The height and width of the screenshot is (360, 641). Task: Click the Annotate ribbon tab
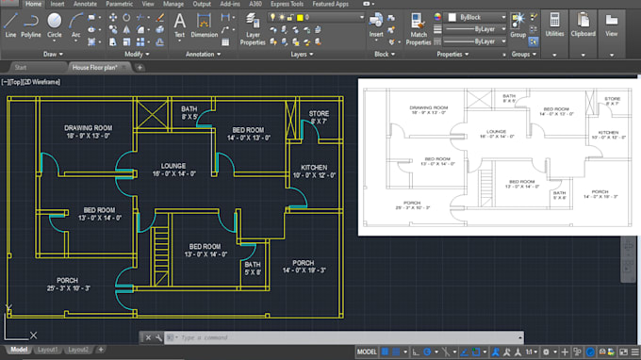[x=85, y=4]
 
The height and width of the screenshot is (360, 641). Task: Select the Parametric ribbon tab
[x=119, y=4]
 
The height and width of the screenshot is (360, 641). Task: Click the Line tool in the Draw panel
[x=10, y=23]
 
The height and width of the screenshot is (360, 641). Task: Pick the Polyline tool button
[x=31, y=23]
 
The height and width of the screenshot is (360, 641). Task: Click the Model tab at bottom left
[x=18, y=350]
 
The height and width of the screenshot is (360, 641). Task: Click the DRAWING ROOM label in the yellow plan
[x=88, y=127]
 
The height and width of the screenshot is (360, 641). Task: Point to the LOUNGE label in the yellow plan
[x=173, y=166]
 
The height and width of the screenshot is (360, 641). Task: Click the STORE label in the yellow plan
[x=319, y=113]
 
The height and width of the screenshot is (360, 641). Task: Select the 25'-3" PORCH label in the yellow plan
[x=67, y=280]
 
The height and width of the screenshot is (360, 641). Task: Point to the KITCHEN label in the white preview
[x=608, y=133]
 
